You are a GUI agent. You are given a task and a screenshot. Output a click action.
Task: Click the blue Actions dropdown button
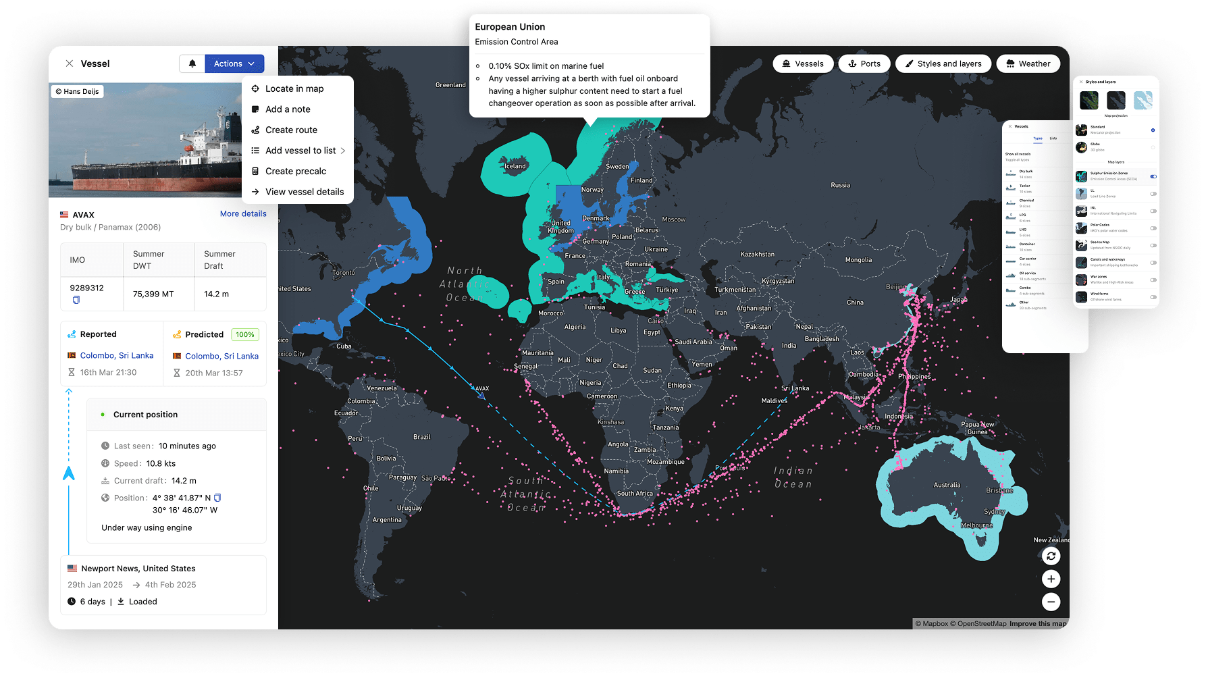pyautogui.click(x=234, y=63)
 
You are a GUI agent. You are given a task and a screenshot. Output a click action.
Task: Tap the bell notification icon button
pyautogui.click(x=192, y=63)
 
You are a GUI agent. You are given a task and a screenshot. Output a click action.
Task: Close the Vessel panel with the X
pyautogui.click(x=70, y=63)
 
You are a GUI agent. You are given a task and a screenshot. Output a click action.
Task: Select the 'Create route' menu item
pyautogui.click(x=291, y=130)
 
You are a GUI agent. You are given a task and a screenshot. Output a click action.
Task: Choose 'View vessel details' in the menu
pyautogui.click(x=304, y=192)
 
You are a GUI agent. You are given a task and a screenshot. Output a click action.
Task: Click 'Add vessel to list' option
pyautogui.click(x=300, y=151)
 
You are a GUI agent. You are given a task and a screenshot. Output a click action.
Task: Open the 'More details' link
pyautogui.click(x=243, y=213)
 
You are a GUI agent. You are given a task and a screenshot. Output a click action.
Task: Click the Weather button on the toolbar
pyautogui.click(x=1028, y=63)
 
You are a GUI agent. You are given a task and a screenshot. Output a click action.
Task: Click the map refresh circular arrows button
pyautogui.click(x=1051, y=556)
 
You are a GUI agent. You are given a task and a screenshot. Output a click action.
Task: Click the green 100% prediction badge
pyautogui.click(x=244, y=334)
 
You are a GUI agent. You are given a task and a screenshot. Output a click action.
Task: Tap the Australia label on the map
pyautogui.click(x=947, y=485)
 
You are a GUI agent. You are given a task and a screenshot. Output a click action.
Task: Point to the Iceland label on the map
pyautogui.click(x=515, y=166)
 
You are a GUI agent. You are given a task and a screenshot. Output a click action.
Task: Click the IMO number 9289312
pyautogui.click(x=86, y=288)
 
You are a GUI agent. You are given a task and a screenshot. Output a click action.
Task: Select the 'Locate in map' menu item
pyautogui.click(x=294, y=88)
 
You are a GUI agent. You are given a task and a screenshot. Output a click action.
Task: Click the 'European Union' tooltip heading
pyautogui.click(x=510, y=27)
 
